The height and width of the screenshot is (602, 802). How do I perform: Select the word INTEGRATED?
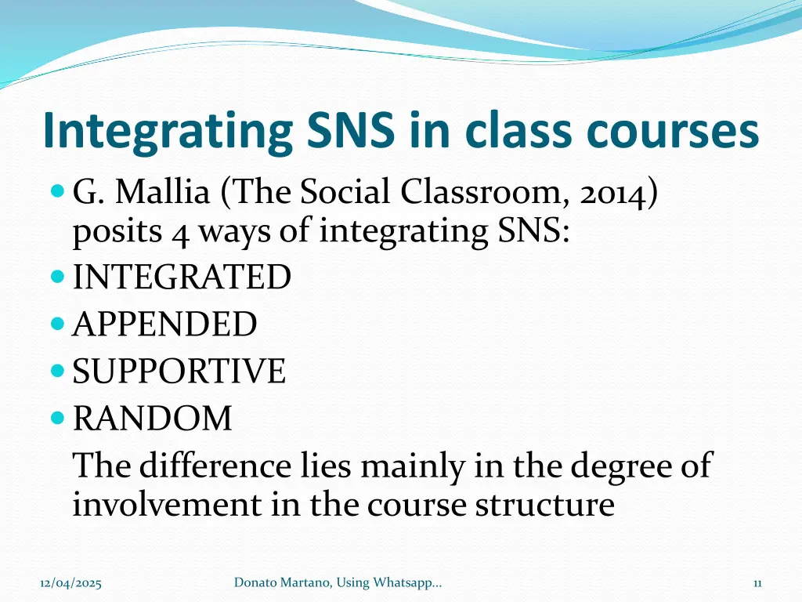(x=182, y=277)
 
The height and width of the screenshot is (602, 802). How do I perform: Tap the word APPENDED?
(x=164, y=324)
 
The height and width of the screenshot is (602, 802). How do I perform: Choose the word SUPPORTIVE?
(x=179, y=371)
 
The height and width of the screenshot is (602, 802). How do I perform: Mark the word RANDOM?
(x=153, y=418)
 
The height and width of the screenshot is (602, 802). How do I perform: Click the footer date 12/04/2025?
(x=71, y=582)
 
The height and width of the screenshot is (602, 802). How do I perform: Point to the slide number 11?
(x=757, y=582)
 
